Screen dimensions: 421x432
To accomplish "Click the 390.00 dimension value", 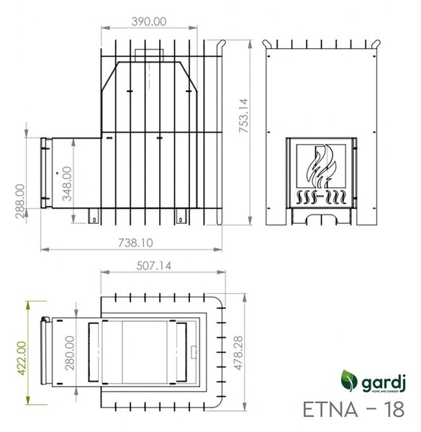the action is pos(149,22).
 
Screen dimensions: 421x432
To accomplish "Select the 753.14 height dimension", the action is pos(243,116).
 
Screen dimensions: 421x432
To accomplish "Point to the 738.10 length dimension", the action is pos(135,243).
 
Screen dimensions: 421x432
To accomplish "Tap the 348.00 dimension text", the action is pos(67,184).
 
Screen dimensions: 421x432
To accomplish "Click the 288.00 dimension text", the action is pos(20,201).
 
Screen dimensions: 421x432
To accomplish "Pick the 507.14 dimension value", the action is pos(153,266).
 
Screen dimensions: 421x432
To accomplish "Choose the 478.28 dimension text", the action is pos(238,353).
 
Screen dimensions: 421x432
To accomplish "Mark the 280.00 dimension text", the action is pos(70,353).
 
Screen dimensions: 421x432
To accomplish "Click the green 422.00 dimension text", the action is pos(22,358).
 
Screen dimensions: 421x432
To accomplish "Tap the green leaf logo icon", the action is pos(349,380).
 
